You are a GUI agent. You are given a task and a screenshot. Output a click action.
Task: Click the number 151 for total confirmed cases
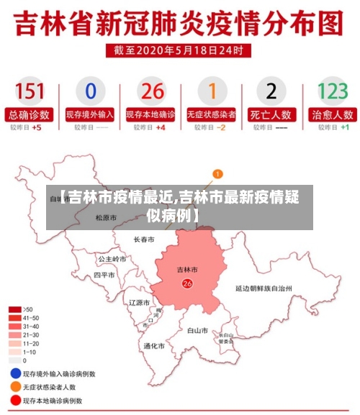click(x=30, y=91)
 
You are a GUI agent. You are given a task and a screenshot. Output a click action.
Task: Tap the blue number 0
click(x=90, y=91)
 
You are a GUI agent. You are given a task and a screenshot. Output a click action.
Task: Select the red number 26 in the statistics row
click(x=152, y=91)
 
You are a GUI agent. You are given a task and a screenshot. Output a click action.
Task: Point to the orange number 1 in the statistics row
click(x=212, y=91)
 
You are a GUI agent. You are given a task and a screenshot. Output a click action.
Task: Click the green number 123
click(x=333, y=91)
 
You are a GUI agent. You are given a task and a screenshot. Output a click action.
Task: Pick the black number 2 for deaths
click(x=271, y=91)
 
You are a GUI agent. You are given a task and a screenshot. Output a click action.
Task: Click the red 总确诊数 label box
click(x=30, y=114)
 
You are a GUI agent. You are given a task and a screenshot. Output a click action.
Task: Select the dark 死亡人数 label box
click(x=271, y=114)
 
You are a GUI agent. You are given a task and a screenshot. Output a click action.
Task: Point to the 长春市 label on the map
click(x=144, y=240)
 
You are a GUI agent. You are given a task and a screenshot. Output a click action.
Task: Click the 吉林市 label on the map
click(x=187, y=270)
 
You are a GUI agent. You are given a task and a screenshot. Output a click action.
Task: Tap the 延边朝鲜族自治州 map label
click(x=264, y=288)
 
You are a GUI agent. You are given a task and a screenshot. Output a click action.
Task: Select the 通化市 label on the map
click(x=153, y=346)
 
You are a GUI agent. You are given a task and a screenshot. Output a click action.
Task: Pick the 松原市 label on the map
click(x=105, y=217)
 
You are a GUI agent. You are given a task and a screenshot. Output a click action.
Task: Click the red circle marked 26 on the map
click(x=187, y=283)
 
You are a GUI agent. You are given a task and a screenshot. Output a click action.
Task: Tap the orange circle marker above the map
click(x=218, y=173)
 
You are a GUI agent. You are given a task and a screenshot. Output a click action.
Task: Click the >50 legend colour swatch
click(x=14, y=309)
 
